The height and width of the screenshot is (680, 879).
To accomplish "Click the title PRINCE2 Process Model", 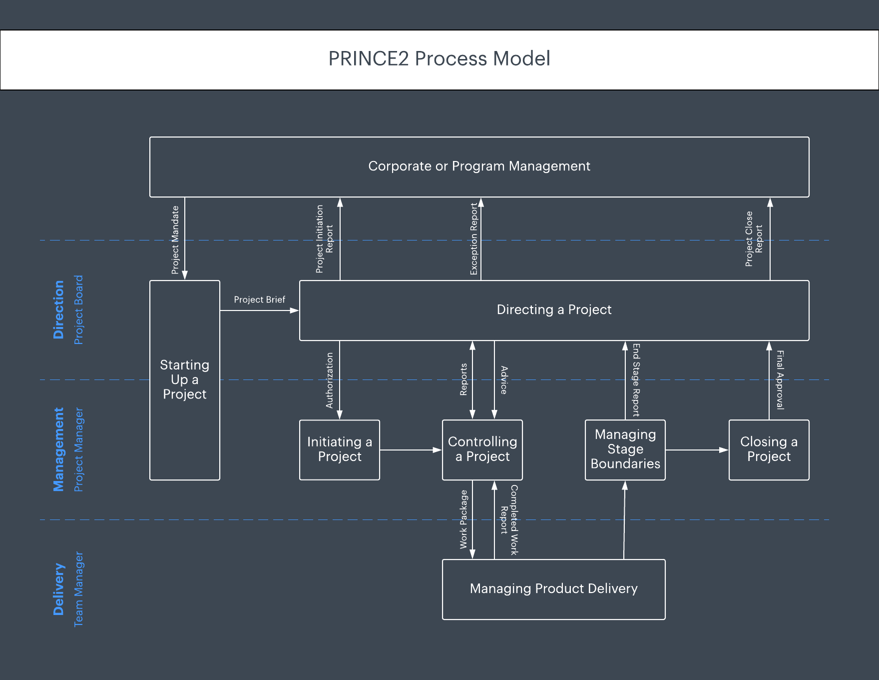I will [x=439, y=59].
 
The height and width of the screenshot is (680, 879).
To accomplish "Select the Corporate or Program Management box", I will [x=479, y=166].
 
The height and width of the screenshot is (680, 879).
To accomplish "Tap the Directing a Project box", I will [x=554, y=310].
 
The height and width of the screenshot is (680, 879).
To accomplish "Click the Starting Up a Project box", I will [x=185, y=380].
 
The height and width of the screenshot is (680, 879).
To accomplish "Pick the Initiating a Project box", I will [x=340, y=449].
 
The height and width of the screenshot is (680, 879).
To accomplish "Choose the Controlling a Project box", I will [x=482, y=449].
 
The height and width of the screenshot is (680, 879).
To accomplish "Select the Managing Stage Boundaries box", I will [x=625, y=449].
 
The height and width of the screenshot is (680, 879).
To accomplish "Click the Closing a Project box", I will [x=769, y=449].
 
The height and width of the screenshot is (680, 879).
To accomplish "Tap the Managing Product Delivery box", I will [x=553, y=589].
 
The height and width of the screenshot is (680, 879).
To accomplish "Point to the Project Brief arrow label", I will [x=259, y=300].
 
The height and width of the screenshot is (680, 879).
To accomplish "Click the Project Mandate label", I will [x=175, y=240].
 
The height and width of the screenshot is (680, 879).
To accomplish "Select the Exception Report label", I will [x=474, y=239].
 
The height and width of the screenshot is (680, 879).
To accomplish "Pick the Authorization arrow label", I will [x=330, y=380].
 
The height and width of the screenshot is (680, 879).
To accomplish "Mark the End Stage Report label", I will [x=636, y=380].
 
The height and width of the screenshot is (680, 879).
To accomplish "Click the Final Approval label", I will [x=780, y=380].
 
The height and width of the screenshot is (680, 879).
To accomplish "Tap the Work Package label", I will [x=463, y=519].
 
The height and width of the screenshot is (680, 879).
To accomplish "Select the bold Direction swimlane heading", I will [x=59, y=310].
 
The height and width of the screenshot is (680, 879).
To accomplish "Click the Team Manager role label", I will [x=79, y=589].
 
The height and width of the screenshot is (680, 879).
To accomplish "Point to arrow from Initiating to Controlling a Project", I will [x=411, y=450].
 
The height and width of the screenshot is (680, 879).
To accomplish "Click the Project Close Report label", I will [x=754, y=239].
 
